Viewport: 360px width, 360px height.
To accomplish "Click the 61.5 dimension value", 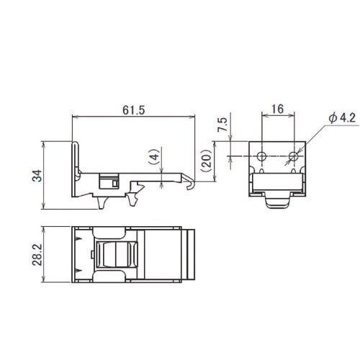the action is point(134,110).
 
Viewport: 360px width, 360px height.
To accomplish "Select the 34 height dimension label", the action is point(37,176).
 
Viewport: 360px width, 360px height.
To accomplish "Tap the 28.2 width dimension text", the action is point(37,255).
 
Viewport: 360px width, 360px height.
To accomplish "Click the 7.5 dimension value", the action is point(222,125).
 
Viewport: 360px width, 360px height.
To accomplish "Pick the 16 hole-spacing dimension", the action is point(278,109).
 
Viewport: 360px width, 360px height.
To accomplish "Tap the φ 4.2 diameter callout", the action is point(342,118).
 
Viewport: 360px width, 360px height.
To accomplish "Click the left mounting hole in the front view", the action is point(262,156).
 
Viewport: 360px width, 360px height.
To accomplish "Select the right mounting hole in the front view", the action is point(294,156).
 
